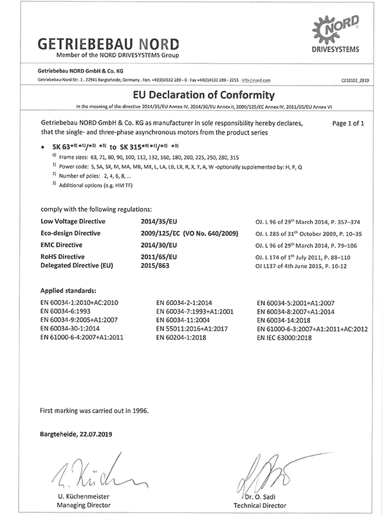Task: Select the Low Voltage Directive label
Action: [73, 221]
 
